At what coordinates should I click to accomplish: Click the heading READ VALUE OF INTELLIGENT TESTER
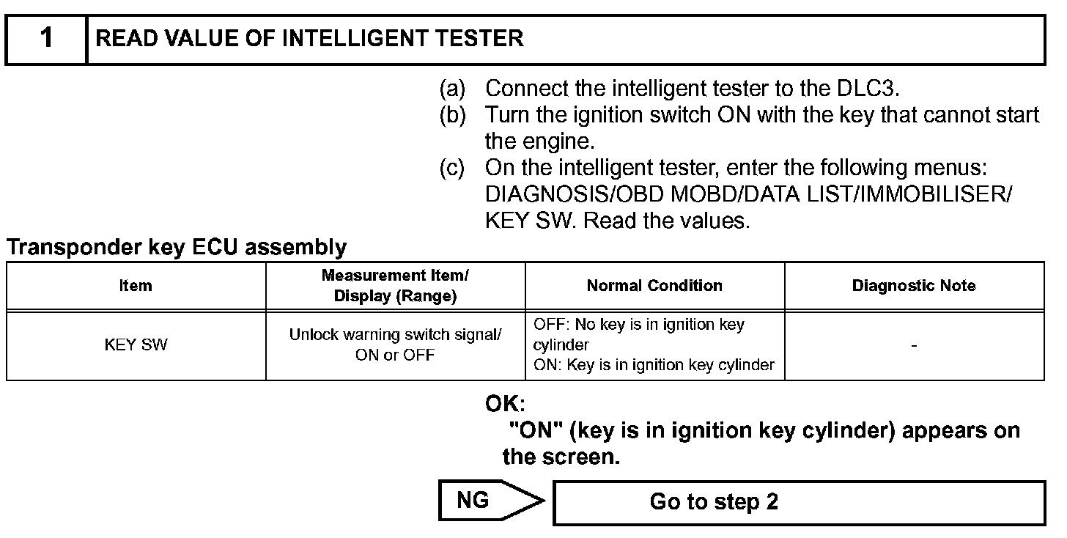point(310,39)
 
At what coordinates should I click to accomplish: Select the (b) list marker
point(452,115)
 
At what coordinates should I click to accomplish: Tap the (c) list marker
point(452,168)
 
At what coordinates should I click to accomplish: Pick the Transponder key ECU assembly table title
point(177,248)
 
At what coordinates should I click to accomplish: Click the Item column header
point(136,286)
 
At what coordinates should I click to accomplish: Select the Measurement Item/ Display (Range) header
point(395,286)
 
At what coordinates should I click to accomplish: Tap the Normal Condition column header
point(654,286)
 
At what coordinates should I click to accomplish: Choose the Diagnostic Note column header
point(914,286)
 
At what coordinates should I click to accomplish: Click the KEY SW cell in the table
point(136,345)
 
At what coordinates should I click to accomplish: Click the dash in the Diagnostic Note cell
point(914,345)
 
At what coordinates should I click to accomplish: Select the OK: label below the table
point(505,403)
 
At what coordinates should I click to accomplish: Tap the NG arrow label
point(473,501)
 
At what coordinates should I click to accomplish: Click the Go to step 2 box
point(798,502)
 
